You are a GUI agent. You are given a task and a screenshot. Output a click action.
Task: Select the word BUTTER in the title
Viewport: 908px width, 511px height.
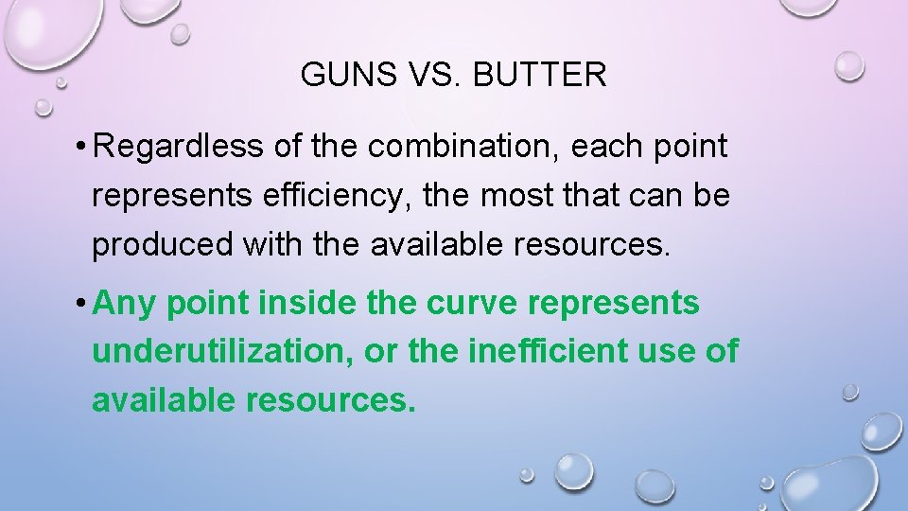pyautogui.click(x=542, y=74)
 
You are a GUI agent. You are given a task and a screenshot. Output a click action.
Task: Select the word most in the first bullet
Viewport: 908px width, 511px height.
pyautogui.click(x=507, y=196)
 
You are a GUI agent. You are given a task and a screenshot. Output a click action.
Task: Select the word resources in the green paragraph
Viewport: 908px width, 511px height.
pyautogui.click(x=330, y=401)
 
